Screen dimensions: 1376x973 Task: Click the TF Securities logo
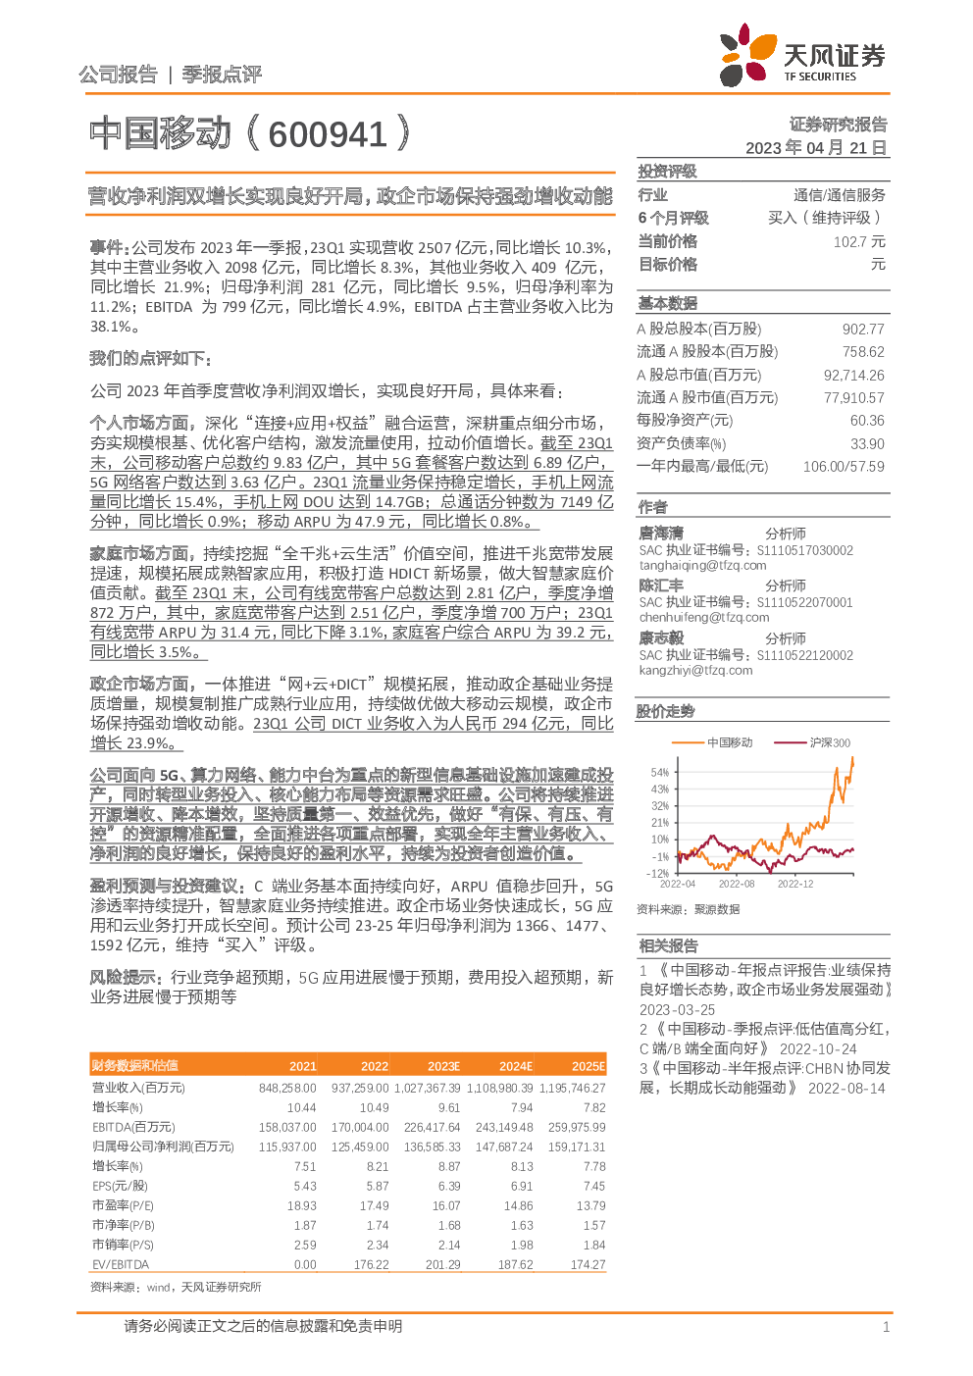[801, 57]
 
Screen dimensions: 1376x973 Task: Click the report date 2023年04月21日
[816, 148]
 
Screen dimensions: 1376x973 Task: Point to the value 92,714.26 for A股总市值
[853, 375]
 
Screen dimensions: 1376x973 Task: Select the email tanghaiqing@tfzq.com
[702, 565]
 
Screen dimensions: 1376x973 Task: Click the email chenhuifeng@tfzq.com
[703, 617]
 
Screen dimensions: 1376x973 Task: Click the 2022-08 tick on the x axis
[736, 884]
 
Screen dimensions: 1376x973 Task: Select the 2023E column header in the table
[443, 1066]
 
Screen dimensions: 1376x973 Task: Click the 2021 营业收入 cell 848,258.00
[287, 1088]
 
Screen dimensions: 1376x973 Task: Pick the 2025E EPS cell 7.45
[593, 1186]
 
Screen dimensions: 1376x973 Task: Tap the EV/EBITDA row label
[121, 1264]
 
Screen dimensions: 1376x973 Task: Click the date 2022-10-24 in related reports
[818, 1048]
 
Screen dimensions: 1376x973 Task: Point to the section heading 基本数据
[668, 303]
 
